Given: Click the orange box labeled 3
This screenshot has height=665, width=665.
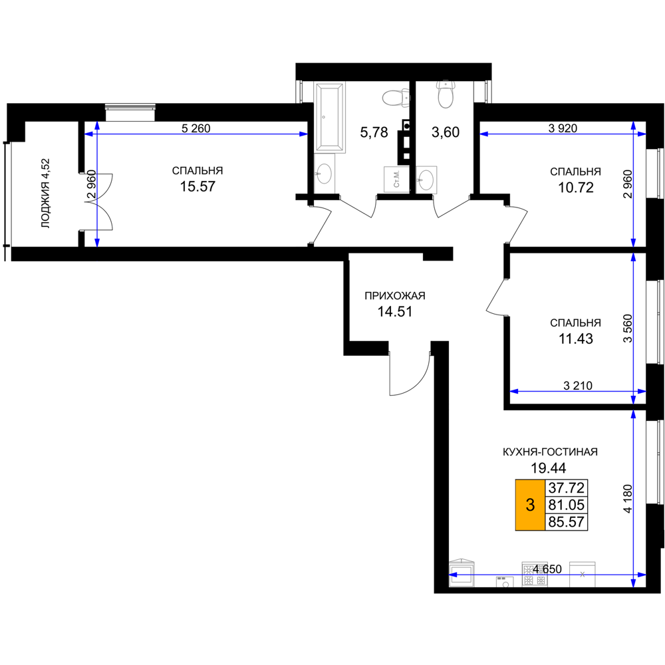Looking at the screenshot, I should click(530, 505).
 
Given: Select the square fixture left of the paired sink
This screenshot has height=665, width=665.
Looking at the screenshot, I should click(396, 179).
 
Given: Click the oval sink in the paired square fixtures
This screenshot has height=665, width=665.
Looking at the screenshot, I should click(426, 180).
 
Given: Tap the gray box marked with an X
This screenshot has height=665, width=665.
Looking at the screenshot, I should click(582, 573).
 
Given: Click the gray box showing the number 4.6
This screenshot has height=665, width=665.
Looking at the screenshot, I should click(535, 573).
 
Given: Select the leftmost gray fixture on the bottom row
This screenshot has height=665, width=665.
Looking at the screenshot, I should click(462, 573).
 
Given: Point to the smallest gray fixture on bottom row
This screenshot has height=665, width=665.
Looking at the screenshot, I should click(505, 583).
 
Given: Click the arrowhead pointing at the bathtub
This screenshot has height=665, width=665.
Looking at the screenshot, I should click(303, 134).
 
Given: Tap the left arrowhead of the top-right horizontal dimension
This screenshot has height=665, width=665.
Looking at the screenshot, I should click(484, 134).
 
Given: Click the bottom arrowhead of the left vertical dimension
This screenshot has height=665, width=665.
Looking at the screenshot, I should click(97, 241).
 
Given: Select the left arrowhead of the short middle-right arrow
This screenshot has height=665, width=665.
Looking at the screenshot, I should click(514, 391).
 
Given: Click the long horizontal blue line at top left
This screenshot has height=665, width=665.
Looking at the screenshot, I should click(199, 134).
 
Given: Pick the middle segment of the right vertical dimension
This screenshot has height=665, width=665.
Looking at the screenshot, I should click(633, 326).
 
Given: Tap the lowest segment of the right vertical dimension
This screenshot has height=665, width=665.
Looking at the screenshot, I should click(633, 492).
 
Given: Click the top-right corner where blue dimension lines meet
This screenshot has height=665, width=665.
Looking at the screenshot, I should click(633, 134).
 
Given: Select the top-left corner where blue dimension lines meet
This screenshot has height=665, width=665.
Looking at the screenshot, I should click(97, 134).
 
